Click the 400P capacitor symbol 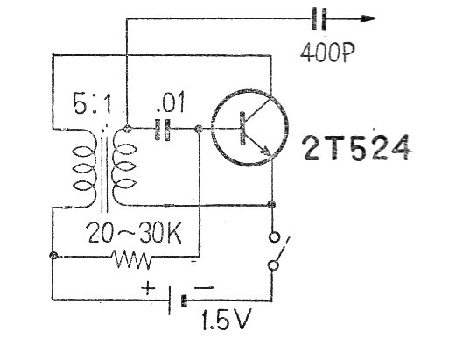click(319, 18)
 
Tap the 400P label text click(327, 53)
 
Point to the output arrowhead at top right click(368, 18)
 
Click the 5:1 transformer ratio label click(92, 103)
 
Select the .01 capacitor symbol click(163, 129)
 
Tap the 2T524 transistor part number click(356, 147)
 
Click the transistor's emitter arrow click(265, 149)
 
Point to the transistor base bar click(242, 128)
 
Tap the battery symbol click(177, 300)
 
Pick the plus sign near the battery click(149, 287)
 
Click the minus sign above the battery click(204, 288)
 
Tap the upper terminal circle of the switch click(274, 236)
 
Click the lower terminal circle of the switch click(274, 265)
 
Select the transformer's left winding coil click(84, 169)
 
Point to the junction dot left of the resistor click(53, 256)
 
